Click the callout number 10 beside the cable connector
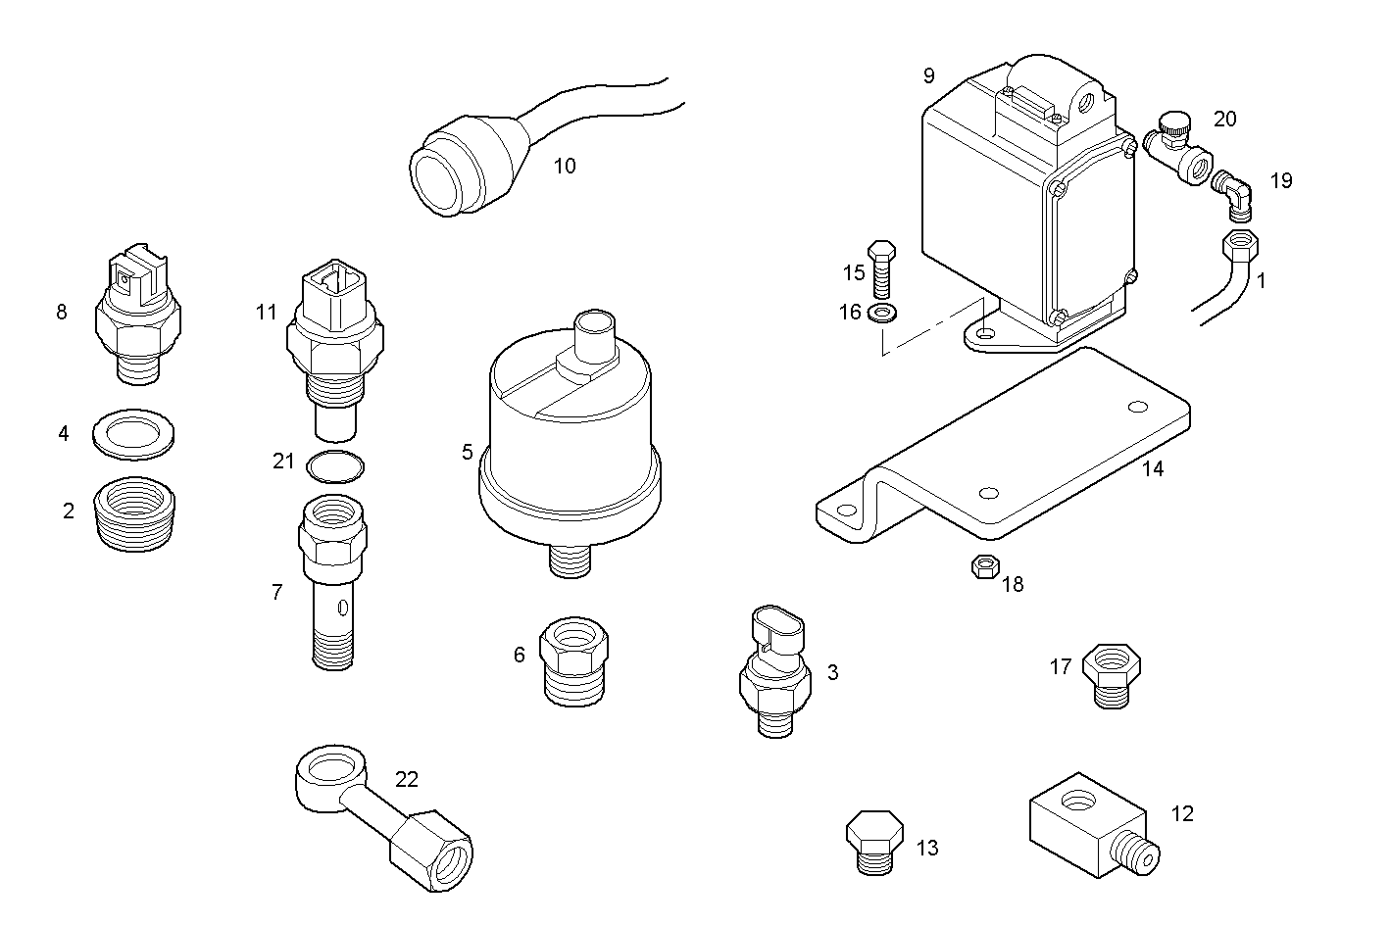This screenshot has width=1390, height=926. [x=565, y=166]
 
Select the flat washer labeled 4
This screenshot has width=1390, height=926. [x=134, y=433]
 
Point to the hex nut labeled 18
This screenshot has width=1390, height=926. [x=983, y=566]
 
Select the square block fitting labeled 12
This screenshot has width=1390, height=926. [x=1088, y=827]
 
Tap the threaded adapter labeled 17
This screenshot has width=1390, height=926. [x=1111, y=675]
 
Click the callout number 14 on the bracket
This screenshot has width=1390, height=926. [x=1153, y=468]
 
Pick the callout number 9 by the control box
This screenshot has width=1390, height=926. [x=928, y=75]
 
